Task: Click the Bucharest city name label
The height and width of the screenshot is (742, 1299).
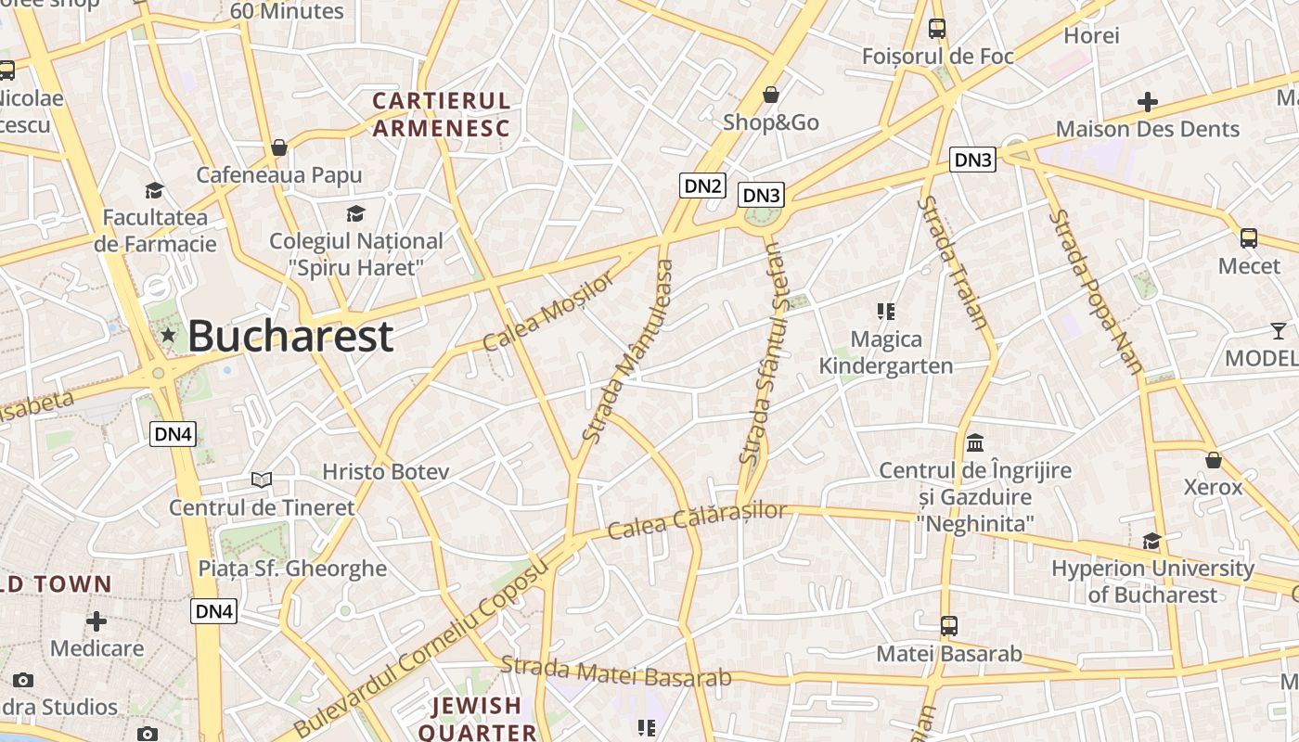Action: click(290, 337)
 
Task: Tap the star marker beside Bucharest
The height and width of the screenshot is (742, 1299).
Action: click(168, 335)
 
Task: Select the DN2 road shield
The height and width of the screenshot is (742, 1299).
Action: click(702, 185)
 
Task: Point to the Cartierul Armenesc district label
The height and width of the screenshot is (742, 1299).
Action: click(442, 114)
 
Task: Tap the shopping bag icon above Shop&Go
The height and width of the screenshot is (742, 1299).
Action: click(770, 95)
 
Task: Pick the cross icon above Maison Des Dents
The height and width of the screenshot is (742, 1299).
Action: click(1148, 102)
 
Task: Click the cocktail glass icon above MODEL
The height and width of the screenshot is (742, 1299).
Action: click(1279, 330)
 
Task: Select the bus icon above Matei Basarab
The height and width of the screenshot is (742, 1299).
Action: click(948, 626)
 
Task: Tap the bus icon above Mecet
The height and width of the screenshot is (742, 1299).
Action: click(1249, 238)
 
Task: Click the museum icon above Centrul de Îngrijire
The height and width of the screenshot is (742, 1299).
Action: click(975, 443)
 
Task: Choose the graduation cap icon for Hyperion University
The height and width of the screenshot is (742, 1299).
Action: click(1151, 541)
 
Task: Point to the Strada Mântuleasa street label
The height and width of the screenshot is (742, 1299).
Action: click(627, 351)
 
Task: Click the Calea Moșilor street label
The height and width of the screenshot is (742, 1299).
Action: click(548, 311)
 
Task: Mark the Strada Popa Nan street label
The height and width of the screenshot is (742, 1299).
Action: click(1097, 291)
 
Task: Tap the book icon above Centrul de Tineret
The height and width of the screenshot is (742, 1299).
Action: click(262, 480)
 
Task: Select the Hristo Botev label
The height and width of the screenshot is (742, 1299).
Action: click(385, 472)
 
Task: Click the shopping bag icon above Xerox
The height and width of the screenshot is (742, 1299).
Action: click(1213, 460)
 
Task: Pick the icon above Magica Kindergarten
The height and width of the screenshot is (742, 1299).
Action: click(885, 312)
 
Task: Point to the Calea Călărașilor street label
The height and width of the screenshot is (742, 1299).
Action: click(697, 521)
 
